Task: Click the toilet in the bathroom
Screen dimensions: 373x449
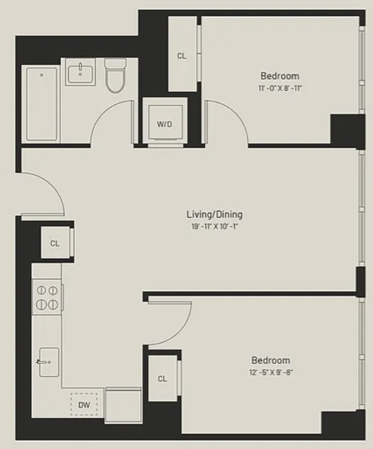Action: click(116, 75)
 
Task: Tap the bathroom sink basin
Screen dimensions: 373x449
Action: click(81, 74)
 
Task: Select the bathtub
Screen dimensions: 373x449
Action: click(42, 104)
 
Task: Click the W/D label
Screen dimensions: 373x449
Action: click(165, 124)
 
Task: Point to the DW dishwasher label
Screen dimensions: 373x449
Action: click(84, 405)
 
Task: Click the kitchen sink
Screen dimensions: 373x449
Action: click(48, 362)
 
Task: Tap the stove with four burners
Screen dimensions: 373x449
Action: click(47, 297)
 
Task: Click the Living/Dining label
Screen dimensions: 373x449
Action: click(214, 214)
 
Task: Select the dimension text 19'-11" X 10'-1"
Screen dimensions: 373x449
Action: click(215, 226)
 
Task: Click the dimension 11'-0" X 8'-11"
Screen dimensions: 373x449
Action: click(280, 88)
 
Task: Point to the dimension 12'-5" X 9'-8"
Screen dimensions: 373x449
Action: click(270, 372)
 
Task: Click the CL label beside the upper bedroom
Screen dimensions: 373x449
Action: click(182, 56)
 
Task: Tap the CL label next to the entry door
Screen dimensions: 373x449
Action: click(55, 243)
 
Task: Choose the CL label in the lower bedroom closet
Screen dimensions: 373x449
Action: click(162, 379)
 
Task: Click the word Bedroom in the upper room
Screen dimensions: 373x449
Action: click(280, 76)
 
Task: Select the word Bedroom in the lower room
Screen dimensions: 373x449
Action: click(270, 360)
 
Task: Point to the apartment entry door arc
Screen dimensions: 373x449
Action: click(53, 184)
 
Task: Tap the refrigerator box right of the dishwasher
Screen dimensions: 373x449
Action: click(123, 405)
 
